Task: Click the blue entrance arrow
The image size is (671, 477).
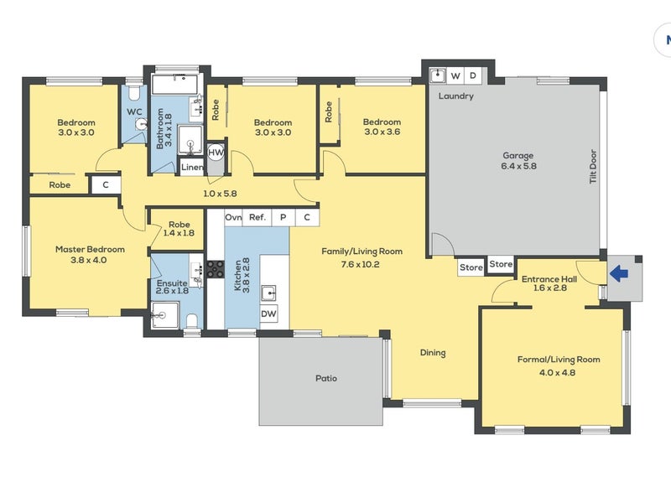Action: [x=618, y=273]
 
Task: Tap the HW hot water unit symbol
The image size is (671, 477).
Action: [x=216, y=153]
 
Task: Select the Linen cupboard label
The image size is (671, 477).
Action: [x=192, y=168]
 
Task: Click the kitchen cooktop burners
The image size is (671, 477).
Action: [x=216, y=269]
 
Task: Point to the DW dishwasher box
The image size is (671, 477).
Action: [x=268, y=314]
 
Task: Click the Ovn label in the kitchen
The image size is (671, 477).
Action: [x=233, y=217]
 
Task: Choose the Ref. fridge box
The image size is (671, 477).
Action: [x=257, y=217]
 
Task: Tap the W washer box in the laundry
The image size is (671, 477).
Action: [x=455, y=75]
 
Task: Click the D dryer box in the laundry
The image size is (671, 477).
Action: [x=473, y=75]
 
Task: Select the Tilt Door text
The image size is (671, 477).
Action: [x=593, y=167]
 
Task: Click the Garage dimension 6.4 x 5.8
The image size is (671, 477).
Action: [x=518, y=166]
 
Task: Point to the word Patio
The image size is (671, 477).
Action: [x=326, y=378]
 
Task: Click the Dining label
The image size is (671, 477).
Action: [x=433, y=352]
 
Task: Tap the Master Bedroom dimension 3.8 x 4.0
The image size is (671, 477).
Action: [x=89, y=260]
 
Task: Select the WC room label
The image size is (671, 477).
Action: [x=134, y=112]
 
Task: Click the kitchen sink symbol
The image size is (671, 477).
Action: [x=268, y=293]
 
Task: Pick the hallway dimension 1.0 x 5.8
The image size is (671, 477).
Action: [x=220, y=194]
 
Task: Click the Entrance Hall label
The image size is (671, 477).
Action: [x=549, y=279]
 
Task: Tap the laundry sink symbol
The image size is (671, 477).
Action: [x=438, y=75]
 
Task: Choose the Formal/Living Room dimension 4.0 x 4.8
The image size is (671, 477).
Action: [x=557, y=372]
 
